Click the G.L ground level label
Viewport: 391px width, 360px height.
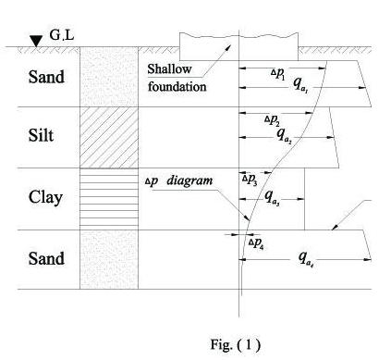(x=63, y=34)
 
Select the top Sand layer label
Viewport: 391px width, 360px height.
(x=45, y=76)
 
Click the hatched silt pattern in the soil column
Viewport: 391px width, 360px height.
(x=108, y=137)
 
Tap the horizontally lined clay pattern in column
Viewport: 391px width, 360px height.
(x=108, y=199)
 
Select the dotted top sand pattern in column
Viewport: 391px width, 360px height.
(x=108, y=76)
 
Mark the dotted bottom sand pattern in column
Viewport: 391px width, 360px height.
(x=108, y=259)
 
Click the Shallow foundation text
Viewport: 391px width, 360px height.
(x=177, y=79)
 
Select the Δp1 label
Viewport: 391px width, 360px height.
(x=279, y=72)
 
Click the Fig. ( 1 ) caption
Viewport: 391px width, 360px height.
(x=236, y=344)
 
